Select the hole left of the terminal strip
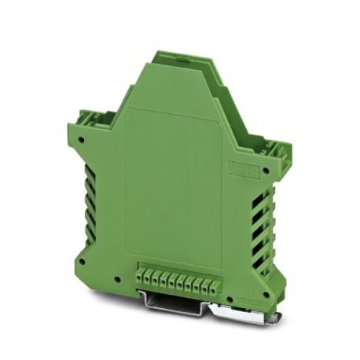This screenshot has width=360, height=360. pyautogui.click(x=116, y=279)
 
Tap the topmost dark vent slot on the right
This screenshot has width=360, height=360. pyautogui.click(x=260, y=201)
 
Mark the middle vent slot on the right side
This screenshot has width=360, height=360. pyautogui.click(x=259, y=233)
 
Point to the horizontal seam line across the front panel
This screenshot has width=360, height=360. pyautogui.click(x=169, y=107)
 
